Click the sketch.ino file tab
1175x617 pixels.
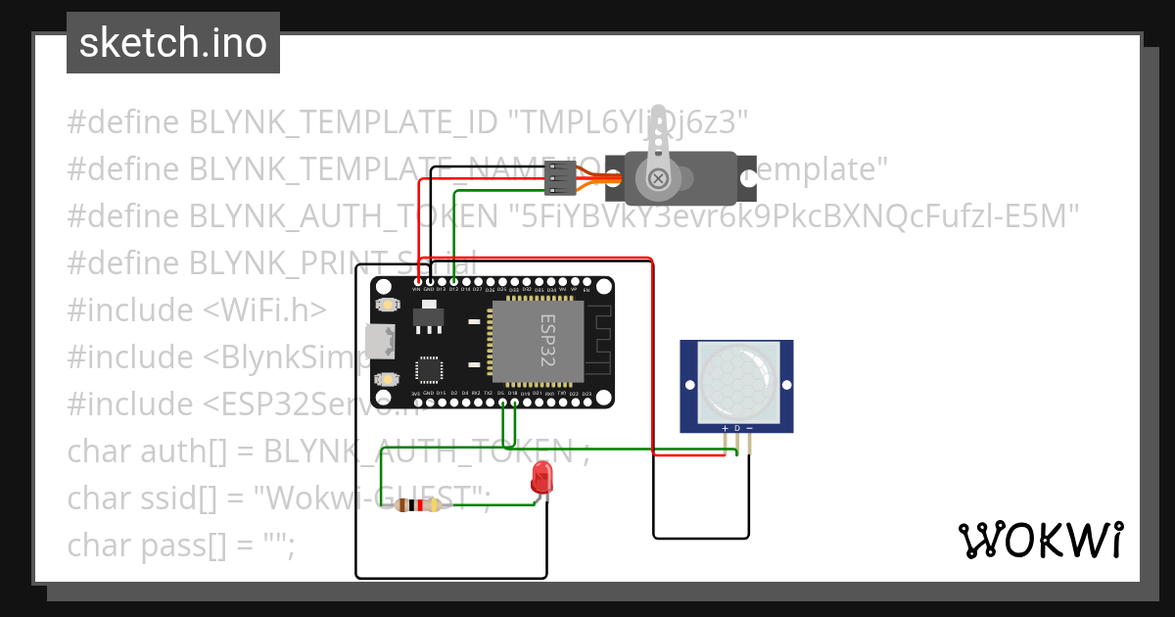point(173,43)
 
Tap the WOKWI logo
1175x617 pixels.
point(1039,540)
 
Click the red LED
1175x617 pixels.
point(540,479)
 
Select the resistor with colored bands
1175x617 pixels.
point(422,505)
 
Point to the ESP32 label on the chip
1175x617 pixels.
point(547,341)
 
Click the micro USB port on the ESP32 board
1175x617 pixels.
point(378,342)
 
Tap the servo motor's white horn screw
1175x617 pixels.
point(659,178)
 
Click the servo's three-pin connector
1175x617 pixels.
point(558,177)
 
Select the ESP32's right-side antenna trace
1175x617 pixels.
point(597,341)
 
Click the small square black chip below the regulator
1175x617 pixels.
point(429,370)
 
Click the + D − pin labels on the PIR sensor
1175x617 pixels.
point(736,428)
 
